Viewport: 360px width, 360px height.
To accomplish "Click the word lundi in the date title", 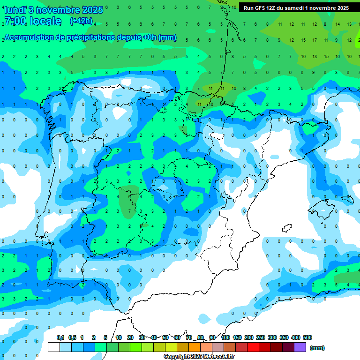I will (x=14, y=9).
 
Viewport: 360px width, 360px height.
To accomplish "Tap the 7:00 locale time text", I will (x=33, y=21).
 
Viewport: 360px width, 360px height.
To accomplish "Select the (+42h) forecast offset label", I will (x=82, y=21).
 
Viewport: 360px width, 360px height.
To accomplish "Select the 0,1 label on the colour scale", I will (x=60, y=337).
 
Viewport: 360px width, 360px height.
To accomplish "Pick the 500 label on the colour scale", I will (x=307, y=337).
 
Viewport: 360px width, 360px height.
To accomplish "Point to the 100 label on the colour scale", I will (x=225, y=337).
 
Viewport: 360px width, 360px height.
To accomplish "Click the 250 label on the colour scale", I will (x=261, y=337).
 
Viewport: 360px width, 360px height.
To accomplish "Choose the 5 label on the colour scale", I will (x=106, y=337).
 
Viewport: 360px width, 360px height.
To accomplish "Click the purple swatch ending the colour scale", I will (x=300, y=347).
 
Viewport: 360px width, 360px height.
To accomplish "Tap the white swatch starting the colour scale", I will (x=53, y=347).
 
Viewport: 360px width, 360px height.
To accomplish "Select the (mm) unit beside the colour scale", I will (x=317, y=348).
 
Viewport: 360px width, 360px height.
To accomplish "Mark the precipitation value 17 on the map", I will (x=314, y=40).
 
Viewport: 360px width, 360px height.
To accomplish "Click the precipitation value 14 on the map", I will (x=337, y=24).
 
